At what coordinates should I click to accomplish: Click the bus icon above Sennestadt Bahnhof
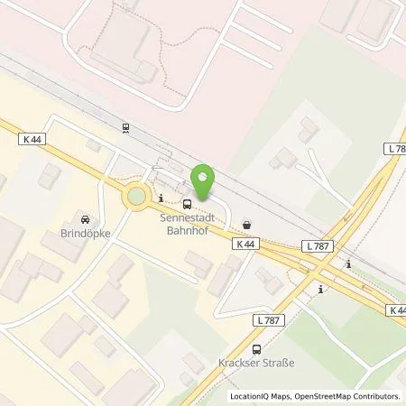point(186,204)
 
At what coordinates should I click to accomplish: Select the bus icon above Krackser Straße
point(257,349)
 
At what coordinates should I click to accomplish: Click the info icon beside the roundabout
point(161,198)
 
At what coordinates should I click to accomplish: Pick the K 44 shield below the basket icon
point(243,245)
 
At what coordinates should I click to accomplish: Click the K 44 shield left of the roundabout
point(29,137)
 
